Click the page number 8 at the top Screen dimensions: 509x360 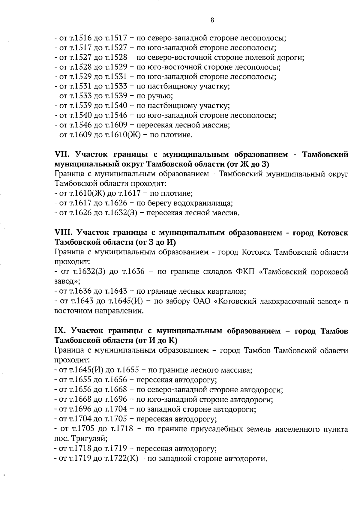click(212, 20)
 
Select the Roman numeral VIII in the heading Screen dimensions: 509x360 click(64, 233)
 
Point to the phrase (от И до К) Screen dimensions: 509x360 click(156, 341)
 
